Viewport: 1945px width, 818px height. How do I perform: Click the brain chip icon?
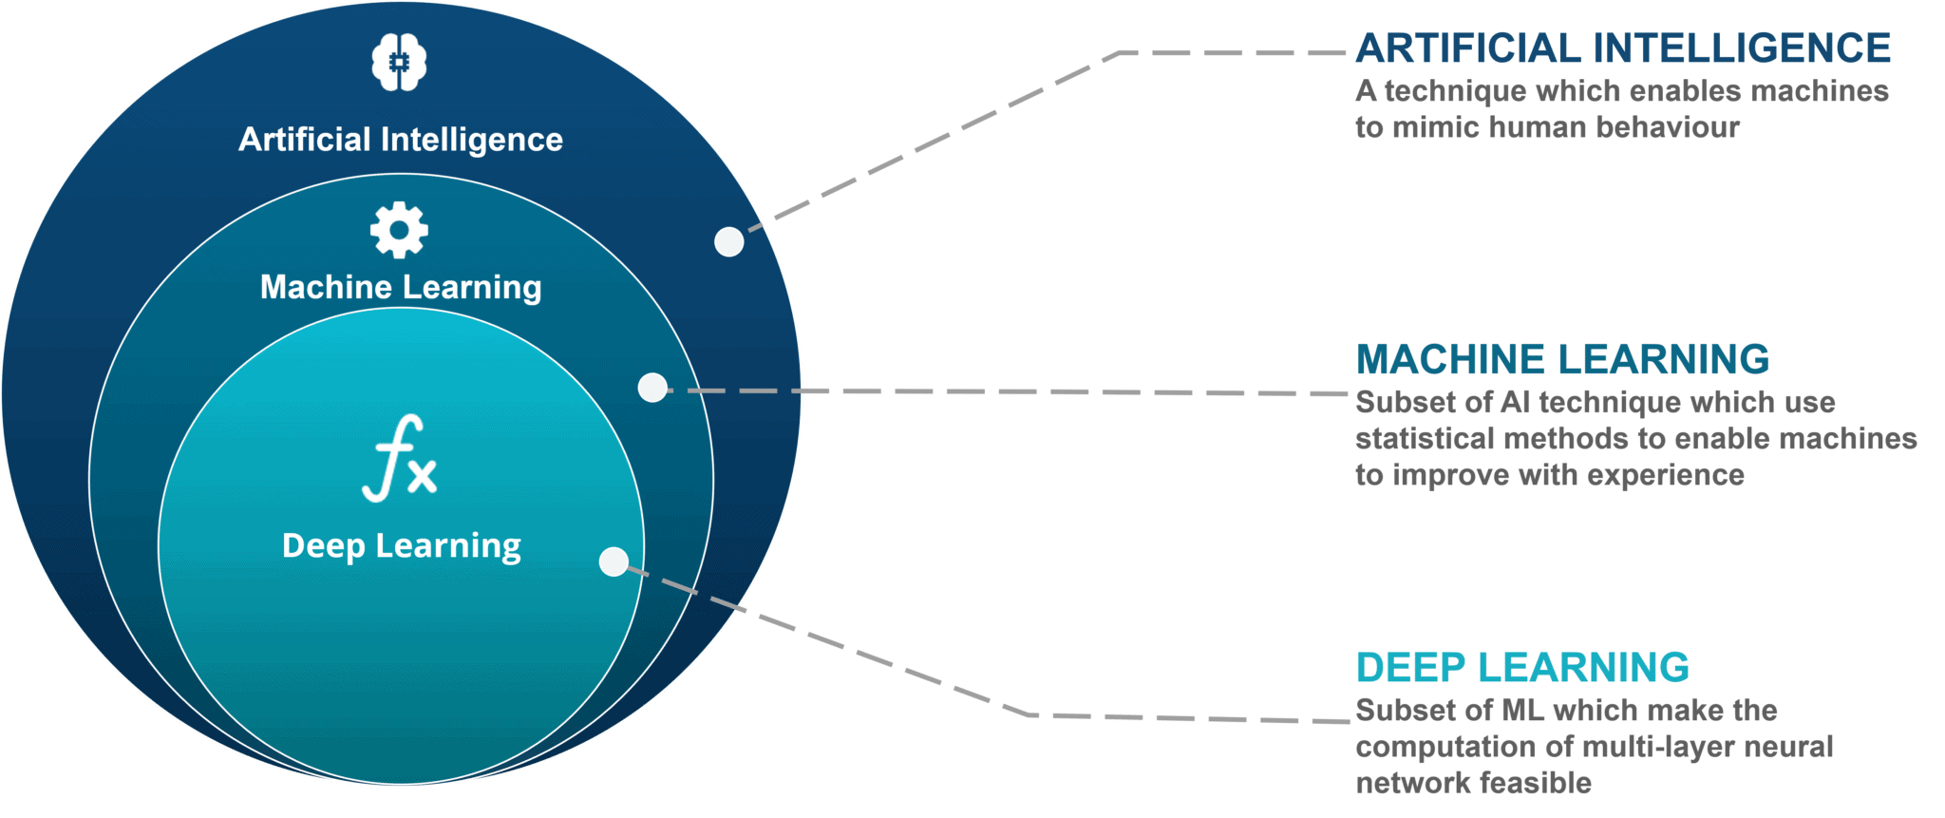pyautogui.click(x=399, y=63)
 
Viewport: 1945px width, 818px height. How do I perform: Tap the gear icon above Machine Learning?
pyautogui.click(x=399, y=229)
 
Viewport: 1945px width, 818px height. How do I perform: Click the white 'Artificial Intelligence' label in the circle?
pyautogui.click(x=400, y=140)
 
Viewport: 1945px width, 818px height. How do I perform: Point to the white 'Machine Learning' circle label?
pyautogui.click(x=401, y=287)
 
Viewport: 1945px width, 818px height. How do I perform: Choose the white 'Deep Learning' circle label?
pyautogui.click(x=401, y=546)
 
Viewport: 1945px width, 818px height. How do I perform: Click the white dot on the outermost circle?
pyautogui.click(x=728, y=241)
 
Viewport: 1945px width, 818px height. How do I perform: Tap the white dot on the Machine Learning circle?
pyautogui.click(x=652, y=388)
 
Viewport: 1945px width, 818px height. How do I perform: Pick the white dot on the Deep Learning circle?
pyautogui.click(x=614, y=561)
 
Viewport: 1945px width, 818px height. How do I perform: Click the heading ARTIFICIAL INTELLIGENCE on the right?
pyautogui.click(x=1622, y=48)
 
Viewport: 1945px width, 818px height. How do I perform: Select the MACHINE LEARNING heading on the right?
pyautogui.click(x=1562, y=359)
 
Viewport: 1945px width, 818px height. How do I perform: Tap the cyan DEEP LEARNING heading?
pyautogui.click(x=1521, y=667)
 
